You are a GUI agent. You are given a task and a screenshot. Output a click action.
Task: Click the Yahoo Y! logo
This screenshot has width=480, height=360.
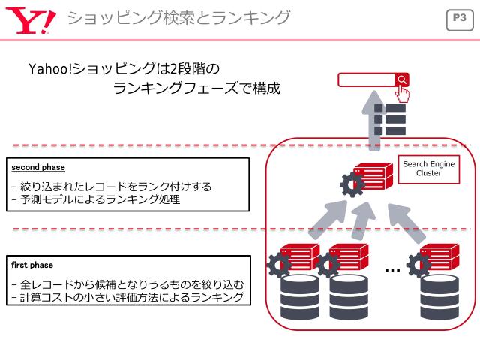coord(31,17)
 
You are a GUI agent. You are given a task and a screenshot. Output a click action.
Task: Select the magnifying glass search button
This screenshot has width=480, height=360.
coord(403,79)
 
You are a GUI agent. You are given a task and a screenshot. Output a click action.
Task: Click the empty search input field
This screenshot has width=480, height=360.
coord(366,79)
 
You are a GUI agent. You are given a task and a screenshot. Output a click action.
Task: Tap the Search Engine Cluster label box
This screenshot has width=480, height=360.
coord(428,168)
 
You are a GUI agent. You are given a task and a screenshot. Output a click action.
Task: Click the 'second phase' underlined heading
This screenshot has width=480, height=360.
coord(33,167)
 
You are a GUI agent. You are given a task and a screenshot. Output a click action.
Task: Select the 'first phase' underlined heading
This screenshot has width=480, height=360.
coord(31,265)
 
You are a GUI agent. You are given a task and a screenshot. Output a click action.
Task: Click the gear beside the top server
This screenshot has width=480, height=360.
coord(349,184)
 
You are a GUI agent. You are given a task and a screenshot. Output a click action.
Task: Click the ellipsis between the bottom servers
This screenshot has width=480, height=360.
coord(391,269)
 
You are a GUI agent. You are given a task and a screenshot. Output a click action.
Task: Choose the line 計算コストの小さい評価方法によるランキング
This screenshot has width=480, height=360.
coord(127,298)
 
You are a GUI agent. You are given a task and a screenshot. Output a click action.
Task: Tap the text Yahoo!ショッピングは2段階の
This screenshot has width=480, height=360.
coord(124,70)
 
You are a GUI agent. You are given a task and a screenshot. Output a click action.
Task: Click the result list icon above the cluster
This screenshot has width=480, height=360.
coord(389,120)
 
